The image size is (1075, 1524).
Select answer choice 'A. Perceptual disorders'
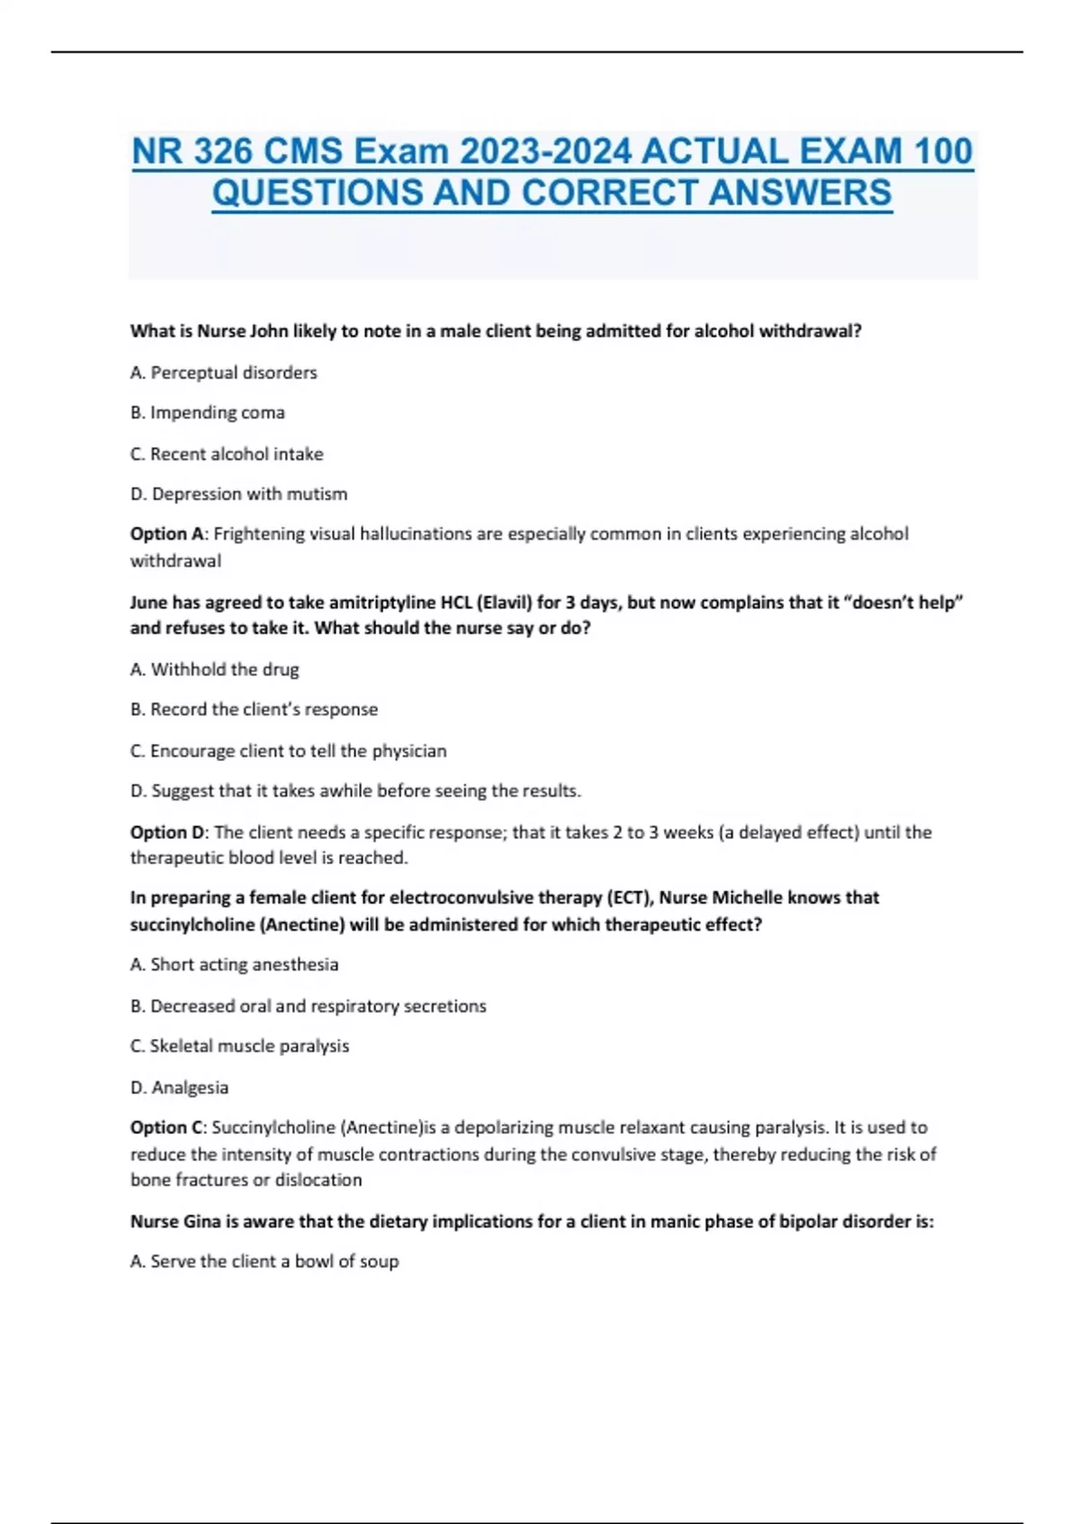pos(223,372)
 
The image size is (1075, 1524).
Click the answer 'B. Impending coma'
pos(207,412)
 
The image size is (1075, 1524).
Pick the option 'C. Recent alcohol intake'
pos(226,454)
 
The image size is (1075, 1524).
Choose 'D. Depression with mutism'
pos(238,494)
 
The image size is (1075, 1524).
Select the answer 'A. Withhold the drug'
pos(214,669)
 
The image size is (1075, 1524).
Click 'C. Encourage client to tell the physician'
pos(288,750)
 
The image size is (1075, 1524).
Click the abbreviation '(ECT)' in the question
pos(627,897)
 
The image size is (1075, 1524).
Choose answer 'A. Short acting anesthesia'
pos(234,965)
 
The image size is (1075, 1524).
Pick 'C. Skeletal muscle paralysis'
pos(239,1046)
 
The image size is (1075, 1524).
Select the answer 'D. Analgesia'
pos(179,1087)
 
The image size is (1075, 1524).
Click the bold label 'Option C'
pos(168,1128)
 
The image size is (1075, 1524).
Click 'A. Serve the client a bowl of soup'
pos(264,1261)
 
